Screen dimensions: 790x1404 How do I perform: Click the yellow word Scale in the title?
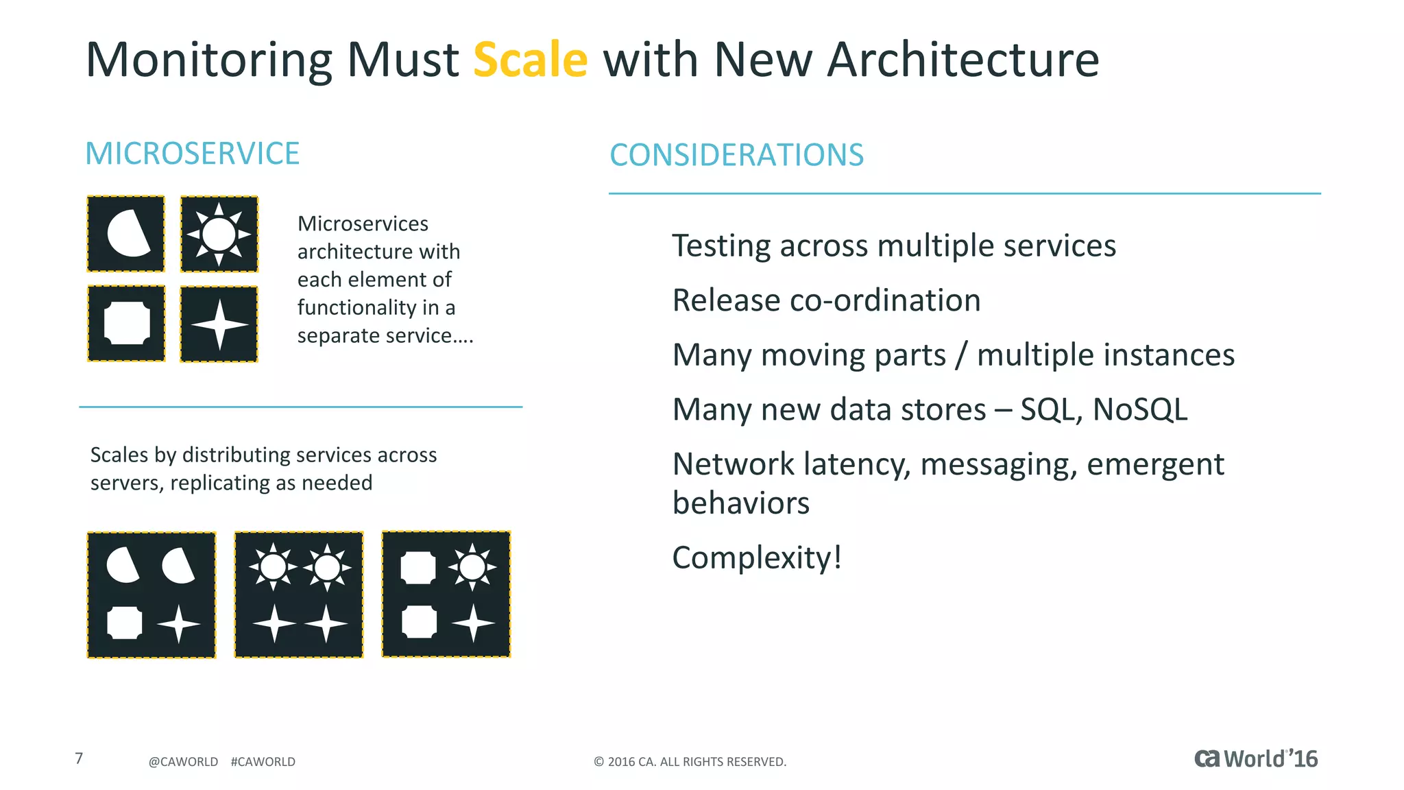[x=530, y=60]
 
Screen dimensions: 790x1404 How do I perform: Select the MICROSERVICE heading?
[x=192, y=154]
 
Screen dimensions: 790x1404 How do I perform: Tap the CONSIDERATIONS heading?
[x=736, y=155]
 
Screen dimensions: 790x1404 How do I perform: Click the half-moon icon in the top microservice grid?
[x=127, y=234]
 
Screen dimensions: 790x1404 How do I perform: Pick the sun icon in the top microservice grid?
[x=219, y=234]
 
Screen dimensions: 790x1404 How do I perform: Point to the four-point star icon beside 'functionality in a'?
[x=219, y=324]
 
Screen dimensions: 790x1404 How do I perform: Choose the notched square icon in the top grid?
[x=127, y=324]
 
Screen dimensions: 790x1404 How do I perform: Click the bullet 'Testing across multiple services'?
[x=893, y=246]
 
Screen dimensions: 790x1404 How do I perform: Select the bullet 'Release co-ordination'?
[x=826, y=300]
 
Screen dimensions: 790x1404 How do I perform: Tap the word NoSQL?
[x=1139, y=409]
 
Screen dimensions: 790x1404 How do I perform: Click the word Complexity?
[x=757, y=558]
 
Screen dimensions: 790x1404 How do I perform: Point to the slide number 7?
[x=79, y=758]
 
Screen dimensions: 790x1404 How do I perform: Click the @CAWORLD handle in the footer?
[x=183, y=762]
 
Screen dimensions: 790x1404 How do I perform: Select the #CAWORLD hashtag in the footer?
[x=263, y=762]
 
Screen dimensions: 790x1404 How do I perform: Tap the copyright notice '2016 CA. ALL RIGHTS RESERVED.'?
[x=690, y=762]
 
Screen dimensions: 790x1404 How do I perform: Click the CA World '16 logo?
[x=1256, y=759]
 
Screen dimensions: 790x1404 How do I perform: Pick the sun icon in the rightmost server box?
[x=472, y=567]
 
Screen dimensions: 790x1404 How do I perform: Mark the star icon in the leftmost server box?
[x=178, y=624]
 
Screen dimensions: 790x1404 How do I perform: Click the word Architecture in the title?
[x=963, y=60]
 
